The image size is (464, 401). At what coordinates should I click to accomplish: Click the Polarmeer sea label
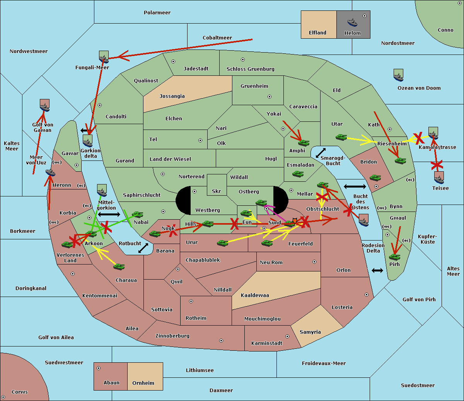pyautogui.click(x=157, y=13)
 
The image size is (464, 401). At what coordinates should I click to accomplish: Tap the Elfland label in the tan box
pyautogui.click(x=317, y=33)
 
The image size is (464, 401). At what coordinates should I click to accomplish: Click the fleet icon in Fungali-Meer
pyautogui.click(x=104, y=58)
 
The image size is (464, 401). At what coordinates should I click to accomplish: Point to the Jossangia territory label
pyautogui.click(x=172, y=96)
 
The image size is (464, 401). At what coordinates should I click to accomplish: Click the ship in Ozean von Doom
pyautogui.click(x=398, y=76)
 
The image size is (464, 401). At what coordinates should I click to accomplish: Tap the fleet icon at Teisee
pyautogui.click(x=439, y=177)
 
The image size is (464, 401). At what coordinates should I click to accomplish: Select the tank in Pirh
pyautogui.click(x=395, y=257)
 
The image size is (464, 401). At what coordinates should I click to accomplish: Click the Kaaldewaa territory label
pyautogui.click(x=255, y=295)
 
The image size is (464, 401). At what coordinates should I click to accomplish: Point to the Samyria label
pyautogui.click(x=310, y=332)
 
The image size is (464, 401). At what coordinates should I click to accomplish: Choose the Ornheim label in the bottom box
pyautogui.click(x=143, y=383)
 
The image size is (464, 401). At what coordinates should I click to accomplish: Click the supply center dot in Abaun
pyautogui.click(x=99, y=368)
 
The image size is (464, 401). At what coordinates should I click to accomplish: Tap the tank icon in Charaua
pyautogui.click(x=119, y=266)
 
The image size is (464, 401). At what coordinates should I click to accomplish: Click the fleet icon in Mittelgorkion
pyautogui.click(x=102, y=191)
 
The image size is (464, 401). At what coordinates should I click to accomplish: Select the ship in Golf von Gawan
pyautogui.click(x=45, y=106)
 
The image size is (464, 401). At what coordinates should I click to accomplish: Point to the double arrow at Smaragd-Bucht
pyautogui.click(x=321, y=153)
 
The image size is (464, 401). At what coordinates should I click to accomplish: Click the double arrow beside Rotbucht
pyautogui.click(x=143, y=248)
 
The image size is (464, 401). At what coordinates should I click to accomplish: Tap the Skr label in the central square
pyautogui.click(x=216, y=191)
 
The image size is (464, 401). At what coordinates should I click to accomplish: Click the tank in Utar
pyautogui.click(x=341, y=137)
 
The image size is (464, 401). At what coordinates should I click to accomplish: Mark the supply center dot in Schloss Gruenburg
pyautogui.click(x=243, y=60)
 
